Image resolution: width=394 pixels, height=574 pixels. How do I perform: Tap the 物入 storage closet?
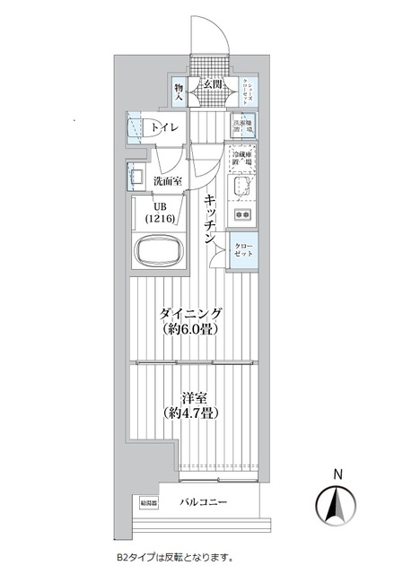pyautogui.click(x=179, y=92)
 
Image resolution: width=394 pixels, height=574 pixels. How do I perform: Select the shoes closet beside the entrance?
pyautogui.click(x=243, y=92)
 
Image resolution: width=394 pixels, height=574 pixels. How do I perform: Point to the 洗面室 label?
pyautogui.click(x=167, y=180)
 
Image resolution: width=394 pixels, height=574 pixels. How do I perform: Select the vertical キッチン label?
pyautogui.click(x=210, y=220)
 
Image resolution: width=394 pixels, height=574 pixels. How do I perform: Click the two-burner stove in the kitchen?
pyautogui.click(x=242, y=216)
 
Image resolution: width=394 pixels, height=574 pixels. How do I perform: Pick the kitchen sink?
pyautogui.click(x=242, y=188)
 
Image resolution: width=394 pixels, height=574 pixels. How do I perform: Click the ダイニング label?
pyautogui.click(x=190, y=313)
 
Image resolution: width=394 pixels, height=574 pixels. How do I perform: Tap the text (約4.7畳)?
pyautogui.click(x=190, y=413)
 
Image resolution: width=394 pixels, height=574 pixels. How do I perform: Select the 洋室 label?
pyautogui.click(x=190, y=397)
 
